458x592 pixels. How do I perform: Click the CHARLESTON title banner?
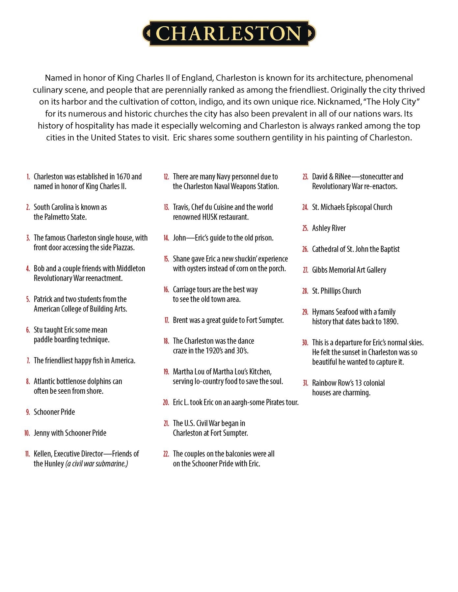[229, 33]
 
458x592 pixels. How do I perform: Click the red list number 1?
[28, 177]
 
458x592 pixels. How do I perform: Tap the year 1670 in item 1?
[123, 177]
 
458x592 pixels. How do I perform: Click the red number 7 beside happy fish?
[28, 361]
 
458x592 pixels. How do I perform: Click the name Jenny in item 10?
[41, 433]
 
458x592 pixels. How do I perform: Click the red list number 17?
[167, 320]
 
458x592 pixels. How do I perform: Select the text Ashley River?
[329, 228]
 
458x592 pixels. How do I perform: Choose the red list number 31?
[306, 383]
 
